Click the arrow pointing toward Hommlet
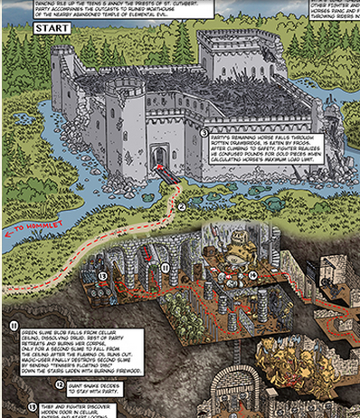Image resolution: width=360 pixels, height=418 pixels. click(8, 233)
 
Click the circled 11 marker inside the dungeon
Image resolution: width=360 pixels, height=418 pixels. click(165, 268)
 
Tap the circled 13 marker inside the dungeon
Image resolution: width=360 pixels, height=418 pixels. click(103, 275)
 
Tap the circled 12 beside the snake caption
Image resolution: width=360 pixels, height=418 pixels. click(34, 385)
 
